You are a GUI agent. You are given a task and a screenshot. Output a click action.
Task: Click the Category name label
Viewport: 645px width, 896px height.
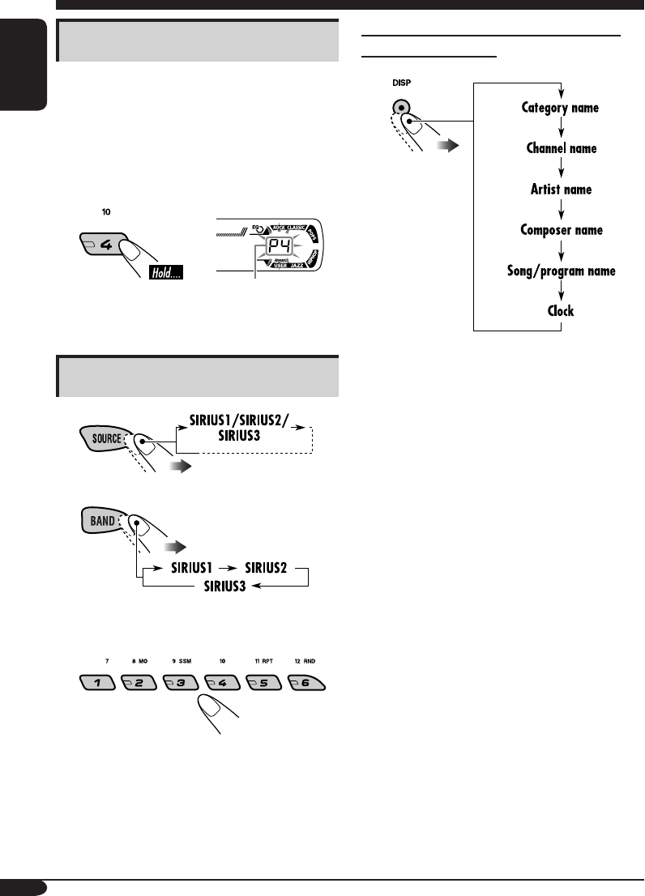coord(561,108)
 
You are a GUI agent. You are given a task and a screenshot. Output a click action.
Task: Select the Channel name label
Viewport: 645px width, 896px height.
coord(561,149)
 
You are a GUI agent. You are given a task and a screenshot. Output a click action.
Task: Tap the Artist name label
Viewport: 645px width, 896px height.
coord(561,190)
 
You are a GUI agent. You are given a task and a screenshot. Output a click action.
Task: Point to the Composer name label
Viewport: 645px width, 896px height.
coord(561,230)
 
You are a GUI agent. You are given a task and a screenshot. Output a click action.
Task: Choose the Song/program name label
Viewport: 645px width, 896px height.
coord(561,271)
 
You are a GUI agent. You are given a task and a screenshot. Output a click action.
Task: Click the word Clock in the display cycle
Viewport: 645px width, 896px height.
coord(561,311)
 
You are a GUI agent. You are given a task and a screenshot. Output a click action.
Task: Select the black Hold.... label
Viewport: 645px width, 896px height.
coord(165,275)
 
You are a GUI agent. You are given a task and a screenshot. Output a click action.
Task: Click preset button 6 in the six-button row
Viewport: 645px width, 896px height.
coord(308,682)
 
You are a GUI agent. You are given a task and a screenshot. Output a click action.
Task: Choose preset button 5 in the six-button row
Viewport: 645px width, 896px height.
coord(267,682)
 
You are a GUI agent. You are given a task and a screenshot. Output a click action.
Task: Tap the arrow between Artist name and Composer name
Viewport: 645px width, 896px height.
coord(561,210)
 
